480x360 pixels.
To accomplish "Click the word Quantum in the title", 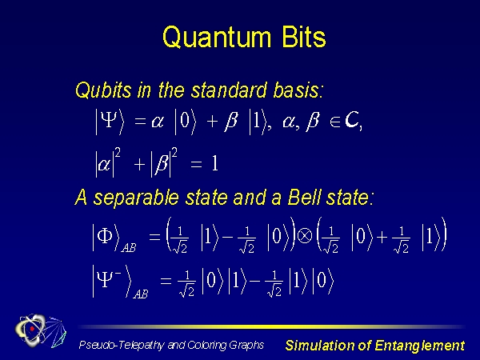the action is [x=217, y=37].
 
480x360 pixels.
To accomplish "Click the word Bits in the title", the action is [x=304, y=37].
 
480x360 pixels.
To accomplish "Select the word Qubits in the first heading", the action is [x=103, y=90].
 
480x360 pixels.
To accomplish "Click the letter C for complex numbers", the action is [x=351, y=120].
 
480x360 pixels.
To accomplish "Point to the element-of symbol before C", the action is [x=335, y=122].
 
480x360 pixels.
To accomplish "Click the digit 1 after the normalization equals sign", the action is [x=214, y=163].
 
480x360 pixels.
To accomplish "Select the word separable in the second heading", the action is [x=136, y=198].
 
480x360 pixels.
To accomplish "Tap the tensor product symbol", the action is [x=305, y=236].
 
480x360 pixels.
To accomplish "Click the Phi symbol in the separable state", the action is [x=104, y=236].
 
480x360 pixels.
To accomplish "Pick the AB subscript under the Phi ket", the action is [x=129, y=247].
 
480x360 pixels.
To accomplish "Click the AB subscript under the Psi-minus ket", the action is [x=141, y=294].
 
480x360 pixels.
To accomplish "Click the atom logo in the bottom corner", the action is [x=41, y=330].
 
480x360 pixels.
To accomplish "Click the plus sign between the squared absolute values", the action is [x=139, y=164].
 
